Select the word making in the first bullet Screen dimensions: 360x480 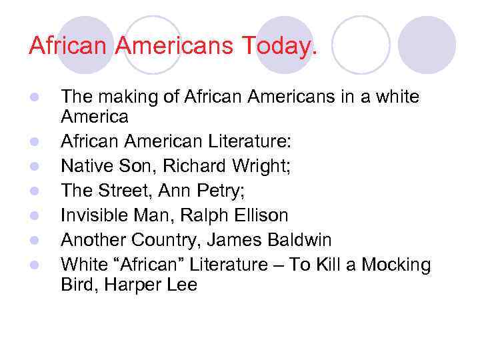pos(124,97)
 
